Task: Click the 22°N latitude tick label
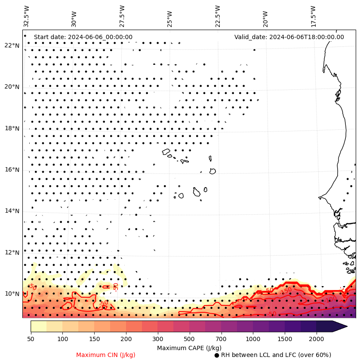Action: [12, 46]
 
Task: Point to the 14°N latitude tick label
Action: [12, 211]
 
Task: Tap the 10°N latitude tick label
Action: [12, 294]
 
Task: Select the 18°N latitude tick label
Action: [12, 128]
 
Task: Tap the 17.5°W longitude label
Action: [313, 16]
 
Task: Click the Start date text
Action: [83, 37]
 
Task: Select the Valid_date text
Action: [289, 37]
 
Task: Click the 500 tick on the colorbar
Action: [189, 339]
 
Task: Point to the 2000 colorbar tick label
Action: [317, 339]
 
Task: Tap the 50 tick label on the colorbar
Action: [31, 339]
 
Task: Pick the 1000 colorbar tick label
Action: [253, 339]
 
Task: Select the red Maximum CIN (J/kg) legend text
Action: [105, 355]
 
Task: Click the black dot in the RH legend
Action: [217, 355]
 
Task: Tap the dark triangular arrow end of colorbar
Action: [340, 326]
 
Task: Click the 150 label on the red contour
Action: [286, 291]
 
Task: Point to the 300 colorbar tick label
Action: [158, 339]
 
